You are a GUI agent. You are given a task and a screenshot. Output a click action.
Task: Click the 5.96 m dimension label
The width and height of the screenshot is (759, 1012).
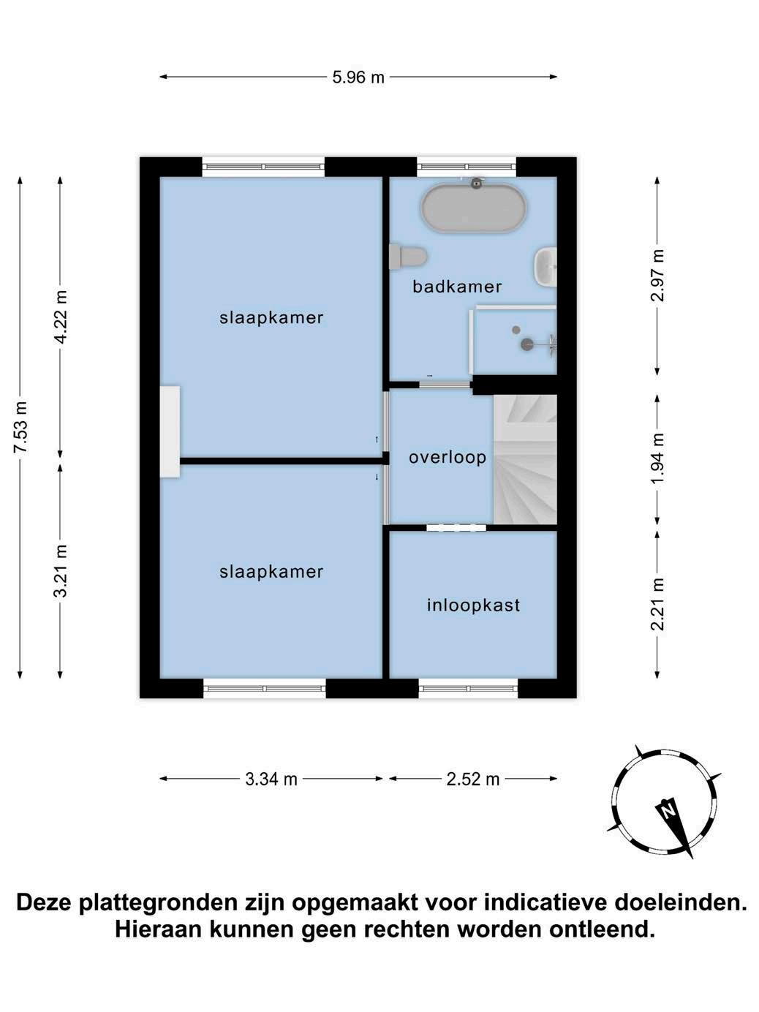tap(358, 77)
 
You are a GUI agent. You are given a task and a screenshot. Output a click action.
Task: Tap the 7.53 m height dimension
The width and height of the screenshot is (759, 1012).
tap(21, 427)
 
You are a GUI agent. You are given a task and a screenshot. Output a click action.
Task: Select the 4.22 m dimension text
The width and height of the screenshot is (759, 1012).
tap(61, 317)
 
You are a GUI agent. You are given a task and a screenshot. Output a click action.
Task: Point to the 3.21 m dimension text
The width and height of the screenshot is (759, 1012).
tap(61, 571)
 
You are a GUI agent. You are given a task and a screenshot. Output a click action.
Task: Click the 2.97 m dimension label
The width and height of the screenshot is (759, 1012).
tap(657, 275)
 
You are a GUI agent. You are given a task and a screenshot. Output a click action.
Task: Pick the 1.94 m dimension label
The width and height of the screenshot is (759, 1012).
tap(657, 458)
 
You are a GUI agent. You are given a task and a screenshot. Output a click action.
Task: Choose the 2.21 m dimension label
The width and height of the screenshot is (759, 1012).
tap(657, 604)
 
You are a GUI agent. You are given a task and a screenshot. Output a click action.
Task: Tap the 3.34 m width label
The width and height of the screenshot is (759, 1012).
tap(271, 779)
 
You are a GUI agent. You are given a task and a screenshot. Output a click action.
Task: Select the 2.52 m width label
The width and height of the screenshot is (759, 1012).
tap(473, 779)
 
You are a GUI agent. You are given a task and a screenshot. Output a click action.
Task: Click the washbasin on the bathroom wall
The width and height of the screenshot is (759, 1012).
tap(545, 266)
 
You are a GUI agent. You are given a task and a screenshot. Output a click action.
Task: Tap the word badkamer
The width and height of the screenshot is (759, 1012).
tap(457, 287)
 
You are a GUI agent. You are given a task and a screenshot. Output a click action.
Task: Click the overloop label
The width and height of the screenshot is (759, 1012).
tap(448, 457)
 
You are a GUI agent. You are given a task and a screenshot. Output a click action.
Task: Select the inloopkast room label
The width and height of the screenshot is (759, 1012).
tap(473, 605)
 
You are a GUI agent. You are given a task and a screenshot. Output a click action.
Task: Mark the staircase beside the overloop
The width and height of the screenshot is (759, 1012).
tap(525, 460)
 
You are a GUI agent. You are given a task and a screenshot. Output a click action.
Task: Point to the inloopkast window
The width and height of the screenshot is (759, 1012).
tap(468, 689)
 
